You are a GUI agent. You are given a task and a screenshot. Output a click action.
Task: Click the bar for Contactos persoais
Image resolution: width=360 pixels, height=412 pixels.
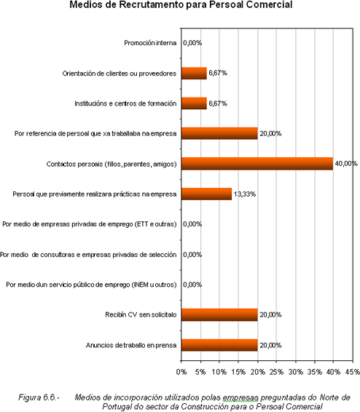click(x=257, y=164)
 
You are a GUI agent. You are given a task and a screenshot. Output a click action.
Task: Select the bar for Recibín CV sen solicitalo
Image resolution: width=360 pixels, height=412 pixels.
click(x=219, y=314)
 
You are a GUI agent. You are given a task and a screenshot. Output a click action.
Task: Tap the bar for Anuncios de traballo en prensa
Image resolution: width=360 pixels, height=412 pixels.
click(x=219, y=345)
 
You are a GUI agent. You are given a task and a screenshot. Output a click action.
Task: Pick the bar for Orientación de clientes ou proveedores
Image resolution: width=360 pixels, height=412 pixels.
click(x=194, y=74)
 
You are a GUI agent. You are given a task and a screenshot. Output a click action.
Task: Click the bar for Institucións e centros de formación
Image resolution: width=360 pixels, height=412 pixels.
click(x=194, y=103)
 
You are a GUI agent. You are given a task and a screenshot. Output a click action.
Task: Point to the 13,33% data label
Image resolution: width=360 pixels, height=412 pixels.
click(x=245, y=194)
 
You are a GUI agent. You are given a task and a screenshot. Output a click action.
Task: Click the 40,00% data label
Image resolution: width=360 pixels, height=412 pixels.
click(x=346, y=164)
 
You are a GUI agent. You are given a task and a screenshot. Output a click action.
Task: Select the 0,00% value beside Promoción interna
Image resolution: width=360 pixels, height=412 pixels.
click(x=192, y=43)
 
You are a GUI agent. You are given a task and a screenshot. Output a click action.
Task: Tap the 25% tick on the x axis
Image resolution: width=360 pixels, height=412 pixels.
click(x=277, y=372)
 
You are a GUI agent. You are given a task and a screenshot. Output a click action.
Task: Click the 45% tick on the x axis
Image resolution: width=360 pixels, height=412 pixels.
click(x=353, y=372)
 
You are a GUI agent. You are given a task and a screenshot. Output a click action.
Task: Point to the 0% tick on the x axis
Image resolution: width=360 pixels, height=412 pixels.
click(x=181, y=372)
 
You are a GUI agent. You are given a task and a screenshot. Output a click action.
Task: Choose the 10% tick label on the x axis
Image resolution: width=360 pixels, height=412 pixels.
click(x=219, y=372)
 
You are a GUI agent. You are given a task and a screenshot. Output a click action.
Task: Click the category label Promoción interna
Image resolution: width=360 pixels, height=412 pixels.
click(x=150, y=43)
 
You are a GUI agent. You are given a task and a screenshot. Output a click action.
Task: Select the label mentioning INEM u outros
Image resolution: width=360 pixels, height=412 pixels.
click(x=91, y=285)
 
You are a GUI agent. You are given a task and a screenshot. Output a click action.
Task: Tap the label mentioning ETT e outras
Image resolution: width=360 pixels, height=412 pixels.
click(x=90, y=224)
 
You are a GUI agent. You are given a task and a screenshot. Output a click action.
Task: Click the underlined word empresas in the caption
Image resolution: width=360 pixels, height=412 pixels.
click(x=240, y=398)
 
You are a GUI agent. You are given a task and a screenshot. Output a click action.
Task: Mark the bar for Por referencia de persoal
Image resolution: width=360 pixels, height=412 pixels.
click(x=219, y=133)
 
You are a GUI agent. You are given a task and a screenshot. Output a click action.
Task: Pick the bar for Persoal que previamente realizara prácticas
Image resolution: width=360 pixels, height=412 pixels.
click(x=207, y=194)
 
